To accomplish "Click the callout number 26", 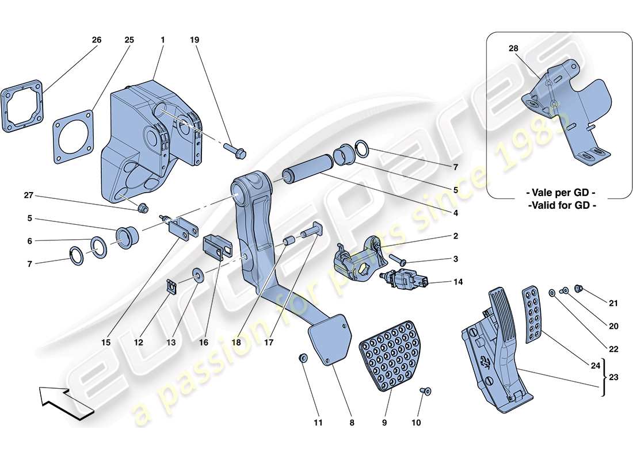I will pos(96,40).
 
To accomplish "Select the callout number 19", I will pos(195,40).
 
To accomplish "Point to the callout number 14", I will pos(458,282).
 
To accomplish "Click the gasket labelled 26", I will pos(23,106).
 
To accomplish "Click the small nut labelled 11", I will pos(302,359).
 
